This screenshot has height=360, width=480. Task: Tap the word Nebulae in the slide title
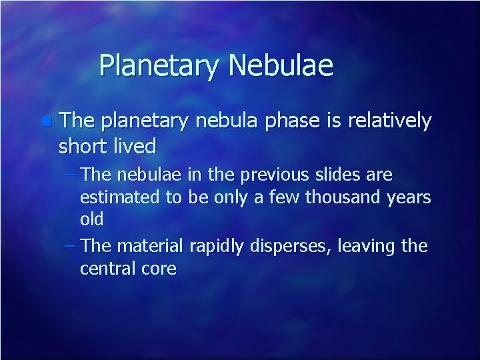[281, 66]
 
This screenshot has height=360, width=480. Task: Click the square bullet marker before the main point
[45, 121]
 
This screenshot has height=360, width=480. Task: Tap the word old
[91, 220]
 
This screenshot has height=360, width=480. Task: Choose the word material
[151, 246]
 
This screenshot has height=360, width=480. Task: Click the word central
[107, 269]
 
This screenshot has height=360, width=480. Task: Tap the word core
[157, 269]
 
